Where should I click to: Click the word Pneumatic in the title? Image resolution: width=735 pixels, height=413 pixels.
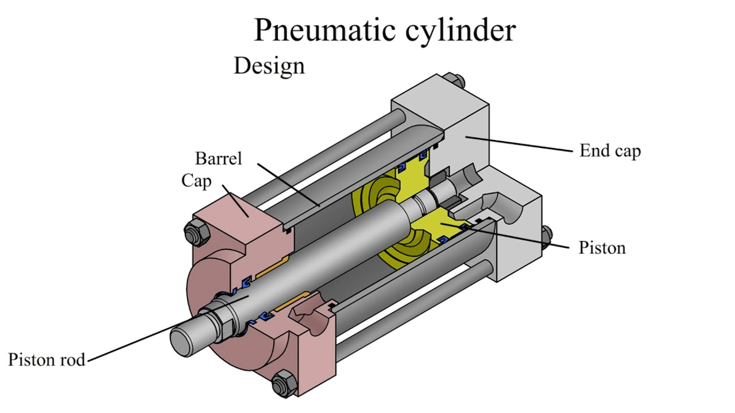[x=326, y=30]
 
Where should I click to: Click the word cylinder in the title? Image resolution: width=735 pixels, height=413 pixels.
[x=461, y=30]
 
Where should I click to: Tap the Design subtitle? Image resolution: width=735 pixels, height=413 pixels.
[x=269, y=66]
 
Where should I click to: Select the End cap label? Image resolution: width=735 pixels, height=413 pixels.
[x=610, y=151]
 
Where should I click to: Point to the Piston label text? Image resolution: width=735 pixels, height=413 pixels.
[x=602, y=248]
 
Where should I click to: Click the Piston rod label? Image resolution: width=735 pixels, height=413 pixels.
[x=47, y=360]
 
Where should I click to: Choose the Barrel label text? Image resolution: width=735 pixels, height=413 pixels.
[x=218, y=158]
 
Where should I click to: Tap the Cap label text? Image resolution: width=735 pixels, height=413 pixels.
[x=196, y=181]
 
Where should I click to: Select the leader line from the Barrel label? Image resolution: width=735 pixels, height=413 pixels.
[x=287, y=184]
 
